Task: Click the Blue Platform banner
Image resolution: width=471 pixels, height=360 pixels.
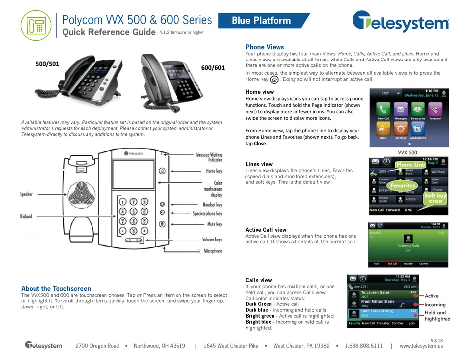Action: (x=261, y=21)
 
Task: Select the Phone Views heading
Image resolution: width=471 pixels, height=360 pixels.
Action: (x=265, y=47)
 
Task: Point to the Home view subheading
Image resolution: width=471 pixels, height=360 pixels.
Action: (x=260, y=92)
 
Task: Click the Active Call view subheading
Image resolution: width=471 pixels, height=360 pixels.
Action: (x=266, y=230)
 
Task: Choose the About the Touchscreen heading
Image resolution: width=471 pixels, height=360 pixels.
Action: (x=56, y=288)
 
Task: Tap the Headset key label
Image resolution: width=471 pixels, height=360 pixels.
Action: (x=213, y=204)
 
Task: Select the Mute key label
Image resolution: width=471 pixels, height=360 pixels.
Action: (x=214, y=224)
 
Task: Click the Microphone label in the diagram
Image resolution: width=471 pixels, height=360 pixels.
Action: (x=213, y=251)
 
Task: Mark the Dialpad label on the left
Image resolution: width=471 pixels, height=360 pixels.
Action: (x=26, y=216)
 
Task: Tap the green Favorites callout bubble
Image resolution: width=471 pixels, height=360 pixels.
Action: (x=401, y=186)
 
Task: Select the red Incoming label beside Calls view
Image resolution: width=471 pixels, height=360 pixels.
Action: (x=435, y=305)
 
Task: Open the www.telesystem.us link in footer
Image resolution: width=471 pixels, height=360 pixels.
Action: (x=420, y=345)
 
